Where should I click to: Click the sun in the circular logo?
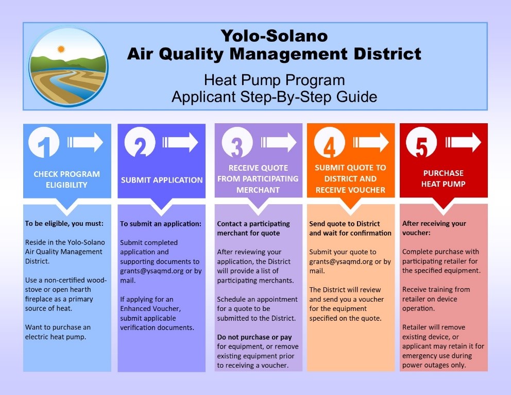(61, 50)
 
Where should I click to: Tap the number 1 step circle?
(44, 142)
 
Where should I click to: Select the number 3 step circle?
(237, 142)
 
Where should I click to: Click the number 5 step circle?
(421, 142)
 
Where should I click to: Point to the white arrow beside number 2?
(180, 142)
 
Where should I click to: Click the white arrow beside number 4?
(371, 142)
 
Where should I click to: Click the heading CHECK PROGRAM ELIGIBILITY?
(67, 179)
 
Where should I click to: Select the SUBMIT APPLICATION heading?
(162, 180)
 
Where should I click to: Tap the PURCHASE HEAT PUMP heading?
(444, 178)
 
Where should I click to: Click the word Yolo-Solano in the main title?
(274, 36)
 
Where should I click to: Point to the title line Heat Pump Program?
(275, 80)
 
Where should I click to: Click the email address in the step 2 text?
(152, 271)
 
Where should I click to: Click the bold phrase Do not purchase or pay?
(254, 337)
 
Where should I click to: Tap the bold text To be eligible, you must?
(64, 224)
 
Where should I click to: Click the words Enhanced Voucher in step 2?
(150, 308)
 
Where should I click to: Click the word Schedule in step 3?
(230, 300)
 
